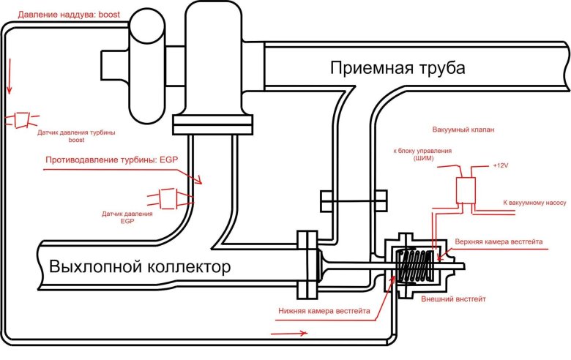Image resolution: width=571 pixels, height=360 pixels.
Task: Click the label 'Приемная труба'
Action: coord(397,69)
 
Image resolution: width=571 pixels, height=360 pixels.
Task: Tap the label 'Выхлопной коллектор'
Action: coord(139,266)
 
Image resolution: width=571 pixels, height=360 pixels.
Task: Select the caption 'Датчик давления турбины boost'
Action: coord(77,135)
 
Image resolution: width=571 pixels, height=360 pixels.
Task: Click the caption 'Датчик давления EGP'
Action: coord(127,217)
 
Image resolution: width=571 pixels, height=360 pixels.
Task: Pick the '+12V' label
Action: coord(501,165)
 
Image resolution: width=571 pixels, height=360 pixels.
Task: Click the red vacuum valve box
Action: coord(465,190)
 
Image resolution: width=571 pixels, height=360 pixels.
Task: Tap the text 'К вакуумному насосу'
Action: coord(534,201)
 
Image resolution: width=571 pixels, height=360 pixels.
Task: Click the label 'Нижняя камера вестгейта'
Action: coord(323,310)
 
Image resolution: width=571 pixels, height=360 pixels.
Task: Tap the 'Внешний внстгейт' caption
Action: coord(454,299)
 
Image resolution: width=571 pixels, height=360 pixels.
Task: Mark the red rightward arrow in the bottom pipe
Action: coord(289,333)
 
